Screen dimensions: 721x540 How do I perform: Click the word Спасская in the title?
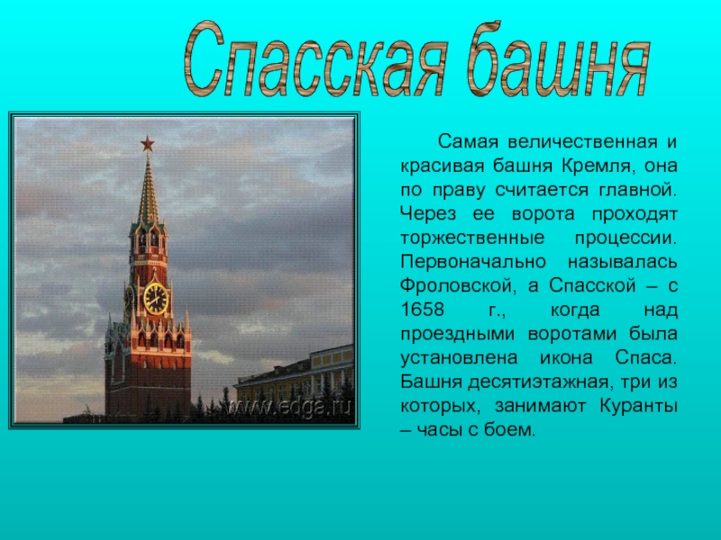[x=315, y=60]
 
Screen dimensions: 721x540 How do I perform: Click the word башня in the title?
[x=558, y=58]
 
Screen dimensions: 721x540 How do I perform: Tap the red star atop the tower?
[x=147, y=144]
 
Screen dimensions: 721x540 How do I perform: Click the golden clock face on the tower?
[x=156, y=299]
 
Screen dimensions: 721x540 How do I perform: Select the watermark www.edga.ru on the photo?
[x=288, y=407]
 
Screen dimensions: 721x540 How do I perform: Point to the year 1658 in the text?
[x=422, y=310]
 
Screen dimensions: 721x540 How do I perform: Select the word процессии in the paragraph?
[x=626, y=238]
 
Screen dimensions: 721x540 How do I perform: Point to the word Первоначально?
[x=473, y=262]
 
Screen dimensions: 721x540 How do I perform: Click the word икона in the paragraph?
[x=566, y=357]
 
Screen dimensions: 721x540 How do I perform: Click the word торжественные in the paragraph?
[x=472, y=238]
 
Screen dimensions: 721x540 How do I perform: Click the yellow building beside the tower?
[x=295, y=376]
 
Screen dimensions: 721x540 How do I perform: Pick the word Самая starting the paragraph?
[x=468, y=142]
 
